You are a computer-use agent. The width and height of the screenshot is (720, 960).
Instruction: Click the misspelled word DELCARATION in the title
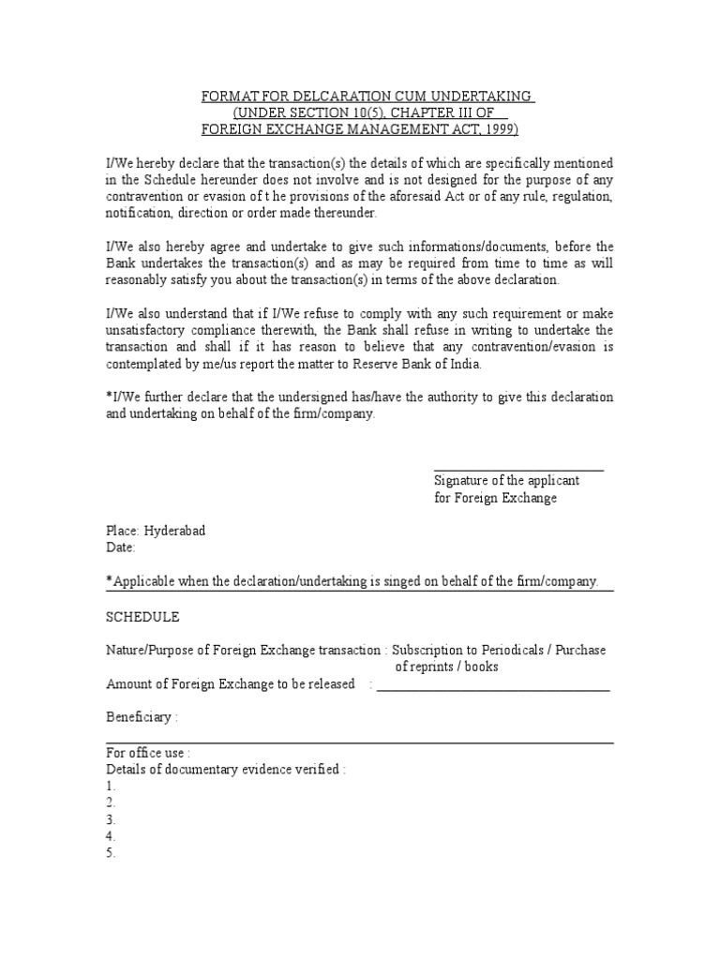pos(337,97)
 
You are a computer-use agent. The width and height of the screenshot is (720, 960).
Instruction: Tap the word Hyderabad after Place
pos(174,531)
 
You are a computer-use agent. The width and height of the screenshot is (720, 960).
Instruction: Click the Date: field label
pos(121,547)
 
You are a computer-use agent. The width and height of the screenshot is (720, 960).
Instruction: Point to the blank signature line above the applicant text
pos(518,470)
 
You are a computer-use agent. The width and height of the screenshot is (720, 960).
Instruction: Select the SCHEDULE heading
pos(142,617)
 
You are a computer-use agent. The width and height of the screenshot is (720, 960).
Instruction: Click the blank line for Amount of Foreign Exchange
pos(493,689)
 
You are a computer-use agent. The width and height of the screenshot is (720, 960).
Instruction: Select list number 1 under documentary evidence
pos(111,786)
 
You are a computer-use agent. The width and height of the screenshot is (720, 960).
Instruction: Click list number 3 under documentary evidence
pos(111,819)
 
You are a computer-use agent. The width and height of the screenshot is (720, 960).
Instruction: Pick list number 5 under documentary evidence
pos(111,853)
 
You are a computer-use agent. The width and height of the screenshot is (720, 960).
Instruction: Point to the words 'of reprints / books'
pos(446,667)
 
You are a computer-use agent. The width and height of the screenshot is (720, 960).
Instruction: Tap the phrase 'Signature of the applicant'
pos(506,480)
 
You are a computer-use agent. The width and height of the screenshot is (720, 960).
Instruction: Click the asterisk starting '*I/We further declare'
pos(109,397)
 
